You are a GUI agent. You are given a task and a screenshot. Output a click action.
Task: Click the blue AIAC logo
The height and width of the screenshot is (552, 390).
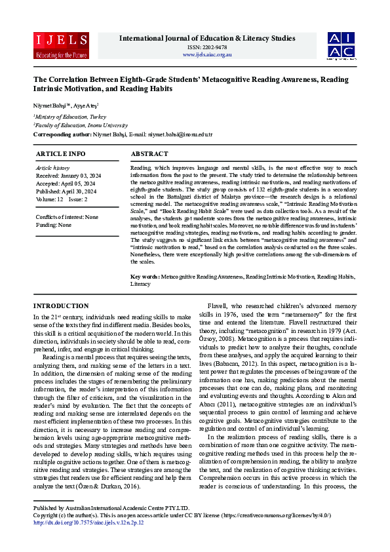tap(341, 45)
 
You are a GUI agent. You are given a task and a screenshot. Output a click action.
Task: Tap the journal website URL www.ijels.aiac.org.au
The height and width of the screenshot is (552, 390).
tap(207, 54)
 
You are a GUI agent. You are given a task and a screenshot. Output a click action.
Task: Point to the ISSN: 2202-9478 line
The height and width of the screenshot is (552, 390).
tap(207, 47)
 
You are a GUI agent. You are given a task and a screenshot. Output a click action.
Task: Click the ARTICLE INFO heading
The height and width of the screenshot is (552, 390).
tap(60, 153)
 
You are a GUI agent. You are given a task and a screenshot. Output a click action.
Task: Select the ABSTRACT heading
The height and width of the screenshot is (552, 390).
tap(150, 153)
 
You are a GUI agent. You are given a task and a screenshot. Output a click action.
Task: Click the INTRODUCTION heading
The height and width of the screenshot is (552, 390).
tap(61, 306)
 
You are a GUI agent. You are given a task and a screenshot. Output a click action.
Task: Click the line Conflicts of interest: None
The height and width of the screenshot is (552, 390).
tap(67, 217)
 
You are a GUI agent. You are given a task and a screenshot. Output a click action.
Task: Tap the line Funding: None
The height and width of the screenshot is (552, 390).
tap(54, 224)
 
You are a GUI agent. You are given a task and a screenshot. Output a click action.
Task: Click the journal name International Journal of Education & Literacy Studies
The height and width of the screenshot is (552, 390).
tap(207, 38)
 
